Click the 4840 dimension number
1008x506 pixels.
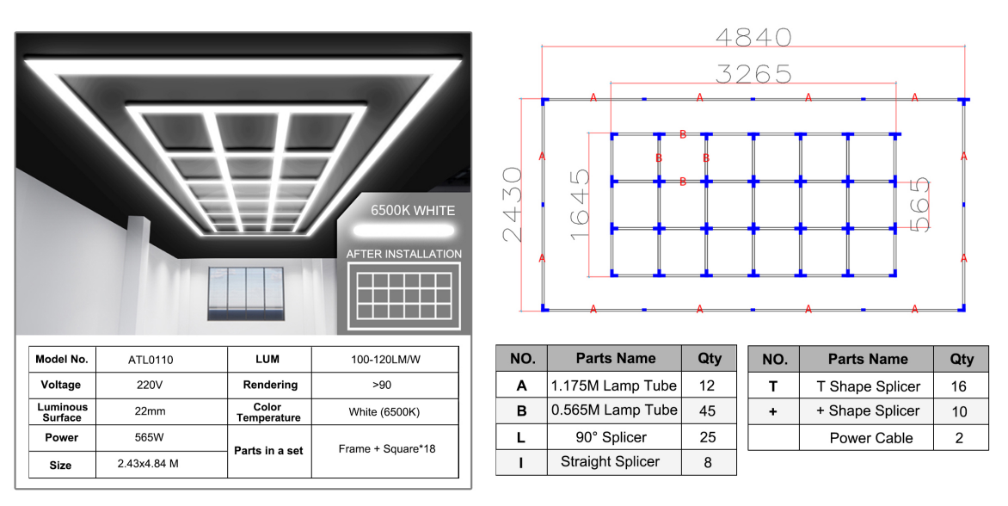[753, 37]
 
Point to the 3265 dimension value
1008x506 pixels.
[753, 74]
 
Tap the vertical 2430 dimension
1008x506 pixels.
[513, 205]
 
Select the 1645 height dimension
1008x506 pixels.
[580, 205]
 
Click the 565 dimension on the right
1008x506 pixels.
[920, 205]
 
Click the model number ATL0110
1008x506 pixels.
[151, 360]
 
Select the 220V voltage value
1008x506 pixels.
[151, 386]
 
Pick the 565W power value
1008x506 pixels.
[150, 437]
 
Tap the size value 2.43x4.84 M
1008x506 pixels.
[148, 464]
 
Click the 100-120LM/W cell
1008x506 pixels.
[385, 360]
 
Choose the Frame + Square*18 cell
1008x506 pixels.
[386, 449]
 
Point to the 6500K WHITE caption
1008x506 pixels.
[412, 210]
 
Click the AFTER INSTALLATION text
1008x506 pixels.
[403, 254]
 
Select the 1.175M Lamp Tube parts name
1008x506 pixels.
[614, 386]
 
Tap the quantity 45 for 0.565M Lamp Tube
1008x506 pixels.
[707, 410]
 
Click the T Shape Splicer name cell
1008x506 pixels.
[868, 386]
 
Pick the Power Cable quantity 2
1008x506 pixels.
[959, 438]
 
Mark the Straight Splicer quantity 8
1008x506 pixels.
[708, 462]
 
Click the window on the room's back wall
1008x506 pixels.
[246, 293]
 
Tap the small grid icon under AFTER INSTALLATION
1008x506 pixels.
[404, 296]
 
